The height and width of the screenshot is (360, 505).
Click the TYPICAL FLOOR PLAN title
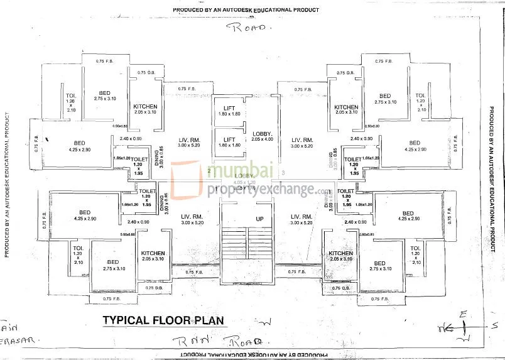pyautogui.click(x=163, y=320)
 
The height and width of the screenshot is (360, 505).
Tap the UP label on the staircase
pyautogui.click(x=259, y=219)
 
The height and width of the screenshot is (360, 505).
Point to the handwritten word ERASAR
pyautogui.click(x=19, y=339)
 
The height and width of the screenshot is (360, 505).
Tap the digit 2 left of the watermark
pyautogui.click(x=209, y=171)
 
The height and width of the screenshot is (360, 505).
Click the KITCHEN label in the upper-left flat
pyautogui.click(x=145, y=109)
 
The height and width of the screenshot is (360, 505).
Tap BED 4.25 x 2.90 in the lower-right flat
pyautogui.click(x=408, y=216)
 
